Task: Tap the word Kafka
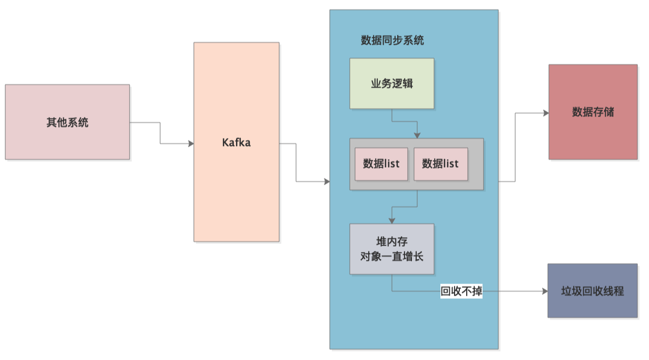click(237, 142)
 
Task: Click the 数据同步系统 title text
click(392, 41)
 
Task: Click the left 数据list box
click(381, 164)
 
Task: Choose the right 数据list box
click(440, 164)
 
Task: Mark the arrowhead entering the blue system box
click(327, 182)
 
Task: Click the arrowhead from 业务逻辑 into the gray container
click(418, 135)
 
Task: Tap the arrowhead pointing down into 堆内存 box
click(391, 220)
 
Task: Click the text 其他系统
click(67, 123)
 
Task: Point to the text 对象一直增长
click(392, 257)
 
